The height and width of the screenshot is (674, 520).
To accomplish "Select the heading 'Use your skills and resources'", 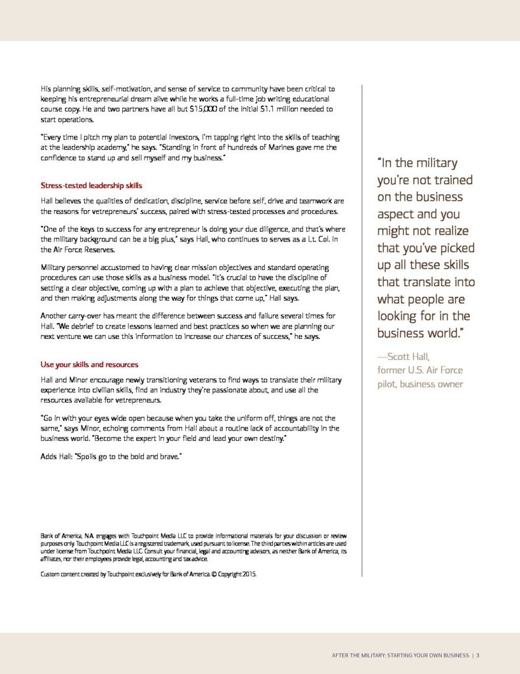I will [x=89, y=364].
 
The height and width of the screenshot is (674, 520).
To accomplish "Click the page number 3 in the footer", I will [x=478, y=655].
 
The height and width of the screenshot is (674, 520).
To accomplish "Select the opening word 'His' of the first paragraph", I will [x=47, y=88].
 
